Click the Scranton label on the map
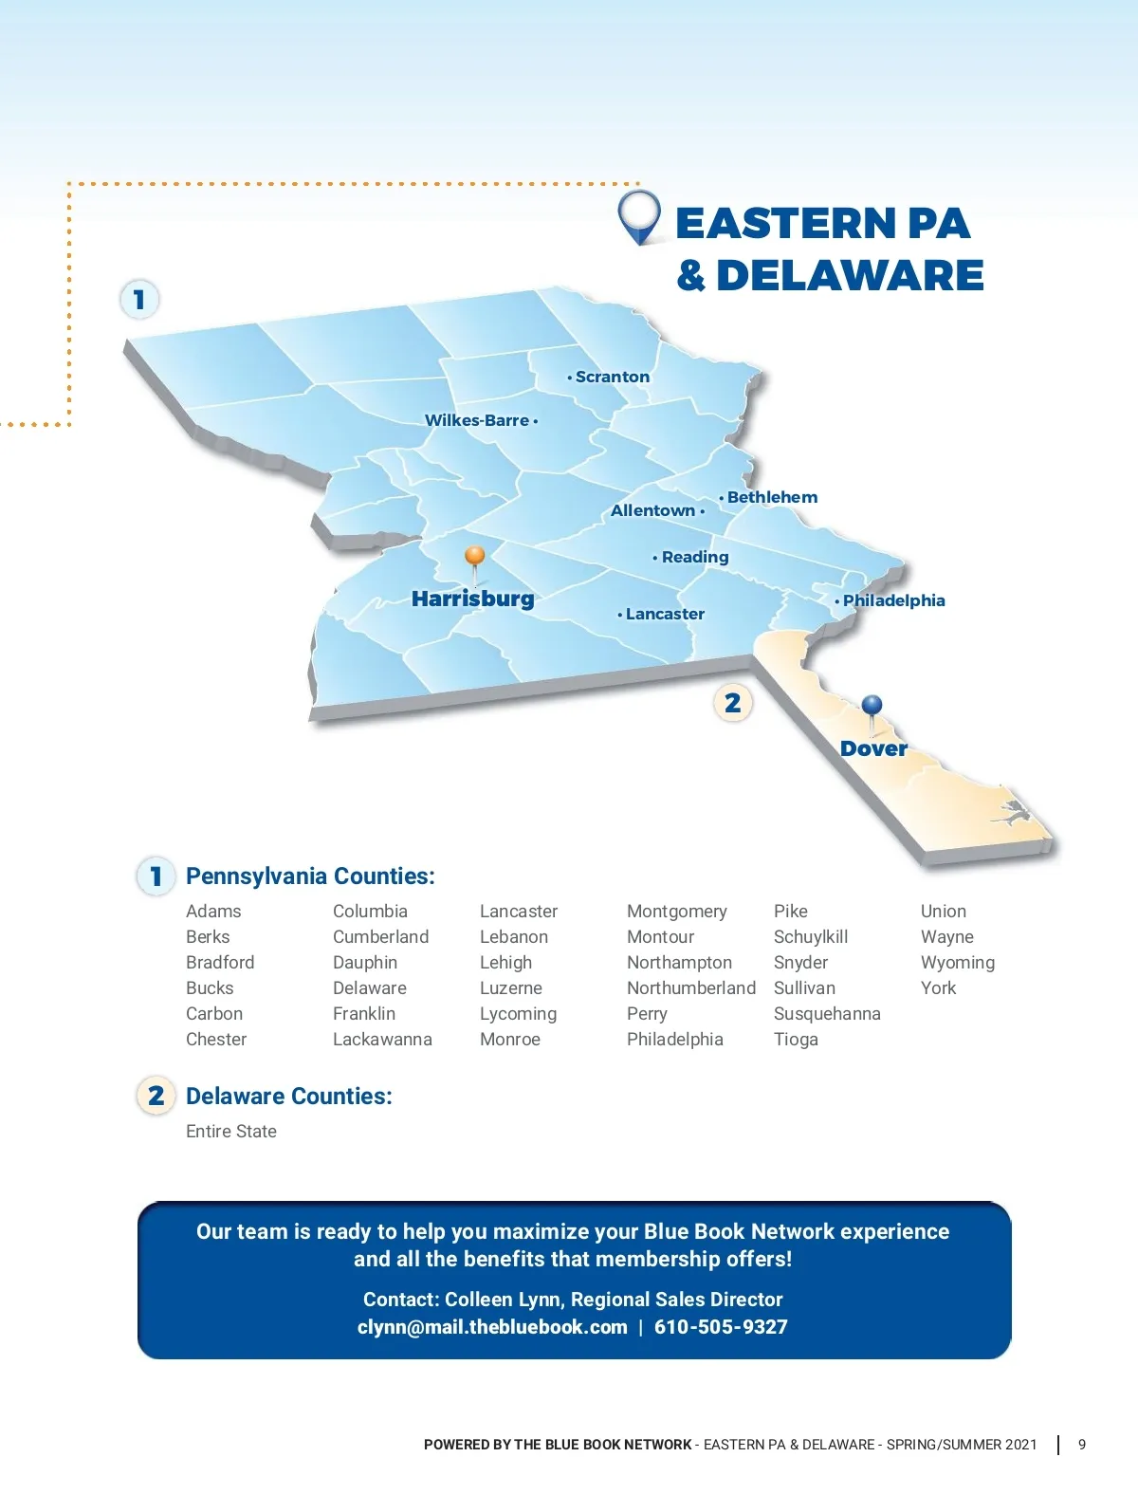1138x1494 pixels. click(612, 377)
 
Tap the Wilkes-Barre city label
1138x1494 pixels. click(477, 420)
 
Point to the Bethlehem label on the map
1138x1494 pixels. click(772, 497)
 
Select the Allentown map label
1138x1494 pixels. click(652, 510)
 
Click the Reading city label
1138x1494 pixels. click(695, 557)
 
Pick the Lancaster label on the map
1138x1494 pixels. click(665, 614)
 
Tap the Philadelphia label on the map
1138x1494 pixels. click(893, 600)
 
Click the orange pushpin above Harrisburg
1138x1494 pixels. click(475, 557)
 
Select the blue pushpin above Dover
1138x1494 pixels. click(872, 707)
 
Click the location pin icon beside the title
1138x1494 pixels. click(638, 217)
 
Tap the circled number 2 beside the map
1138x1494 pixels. click(732, 703)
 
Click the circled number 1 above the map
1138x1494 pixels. click(139, 300)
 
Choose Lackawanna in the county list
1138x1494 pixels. click(382, 1039)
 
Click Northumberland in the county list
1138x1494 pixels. click(691, 987)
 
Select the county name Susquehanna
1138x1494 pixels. click(827, 1013)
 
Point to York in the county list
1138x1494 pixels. click(938, 987)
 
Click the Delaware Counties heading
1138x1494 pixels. click(288, 1096)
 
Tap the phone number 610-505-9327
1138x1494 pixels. click(721, 1326)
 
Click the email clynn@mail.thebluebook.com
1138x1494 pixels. click(492, 1326)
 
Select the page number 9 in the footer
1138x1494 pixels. click(1082, 1444)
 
